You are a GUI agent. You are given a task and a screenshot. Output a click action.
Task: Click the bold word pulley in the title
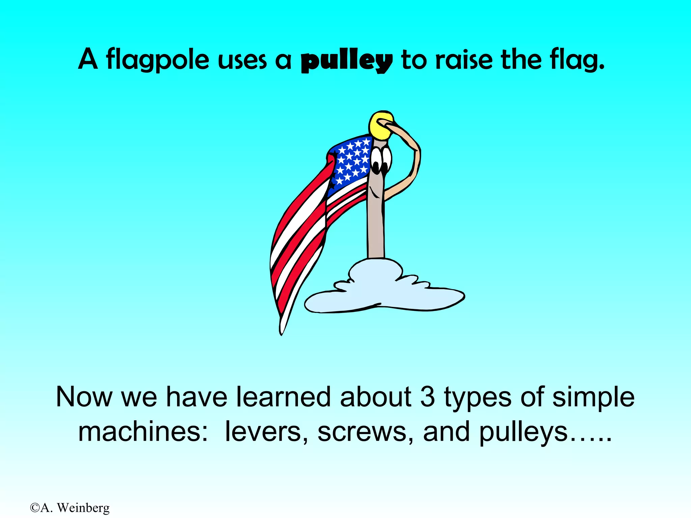click(347, 61)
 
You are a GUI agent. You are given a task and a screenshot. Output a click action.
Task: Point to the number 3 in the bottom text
click(427, 397)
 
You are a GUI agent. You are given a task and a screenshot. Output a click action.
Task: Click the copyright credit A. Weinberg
click(70, 508)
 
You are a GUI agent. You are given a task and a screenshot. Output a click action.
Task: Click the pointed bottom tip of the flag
click(282, 332)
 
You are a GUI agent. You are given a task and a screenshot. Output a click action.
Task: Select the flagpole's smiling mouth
click(373, 192)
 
